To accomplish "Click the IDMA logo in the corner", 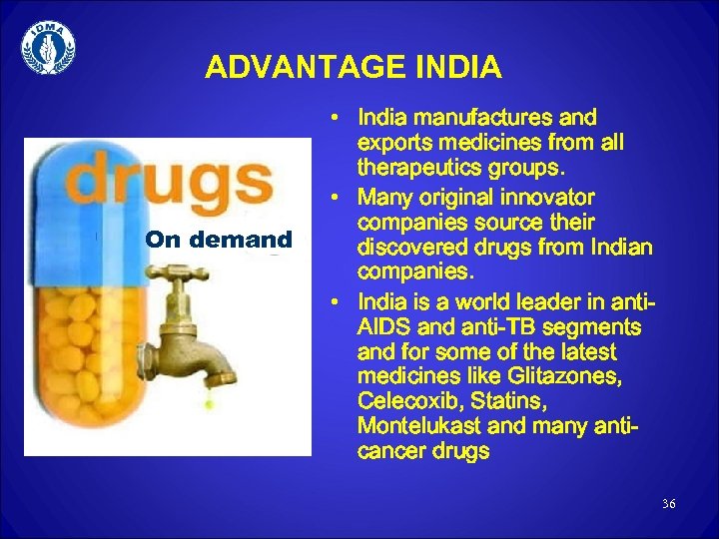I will pyautogui.click(x=48, y=47).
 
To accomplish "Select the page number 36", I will pyautogui.click(x=668, y=503).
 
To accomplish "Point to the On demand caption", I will pyautogui.click(x=219, y=240).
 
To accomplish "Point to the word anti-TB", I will pyautogui.click(x=469, y=327).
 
